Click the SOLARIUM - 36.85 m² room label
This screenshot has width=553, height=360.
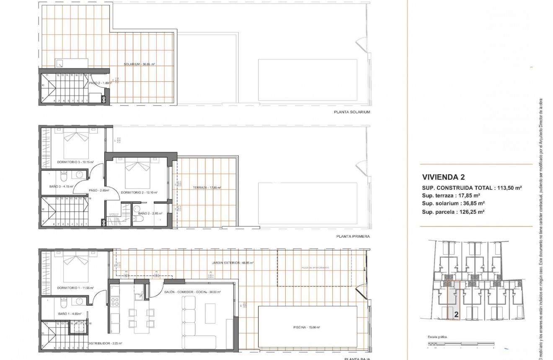pyautogui.click(x=140, y=65)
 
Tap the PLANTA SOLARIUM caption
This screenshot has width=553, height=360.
pyautogui.click(x=352, y=112)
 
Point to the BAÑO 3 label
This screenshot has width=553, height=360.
pyautogui.click(x=61, y=186)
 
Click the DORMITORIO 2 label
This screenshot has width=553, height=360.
pyautogui.click(x=139, y=192)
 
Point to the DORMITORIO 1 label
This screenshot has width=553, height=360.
pyautogui.click(x=75, y=288)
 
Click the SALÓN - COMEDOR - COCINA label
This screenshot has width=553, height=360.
pyautogui.click(x=192, y=293)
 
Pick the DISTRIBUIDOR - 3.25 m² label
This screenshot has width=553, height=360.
pyautogui.click(x=105, y=343)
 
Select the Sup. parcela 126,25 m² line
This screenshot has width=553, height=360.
pyautogui.click(x=453, y=212)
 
